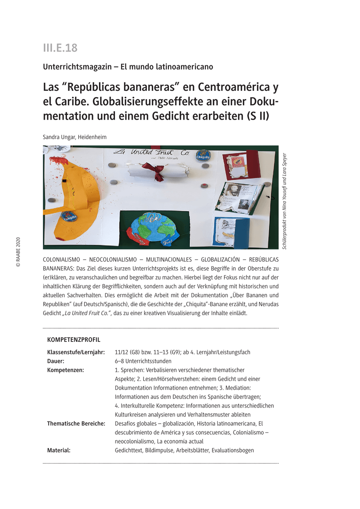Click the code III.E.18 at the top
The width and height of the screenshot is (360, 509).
coord(60,48)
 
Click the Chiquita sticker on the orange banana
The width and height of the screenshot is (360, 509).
coord(68,216)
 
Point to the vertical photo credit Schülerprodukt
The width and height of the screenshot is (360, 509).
coord(285,198)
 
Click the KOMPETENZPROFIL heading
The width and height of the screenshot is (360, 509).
coord(73,340)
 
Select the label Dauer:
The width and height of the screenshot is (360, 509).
coord(56,361)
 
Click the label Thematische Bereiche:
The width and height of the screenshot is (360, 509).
coord(76,423)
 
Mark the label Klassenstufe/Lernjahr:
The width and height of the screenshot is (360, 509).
coord(76,352)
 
